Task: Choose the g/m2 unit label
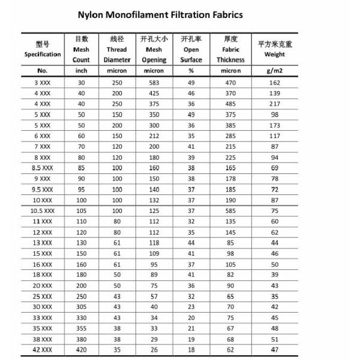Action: point(275,71)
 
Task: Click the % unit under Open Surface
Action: point(191,71)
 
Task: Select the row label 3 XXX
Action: point(42,82)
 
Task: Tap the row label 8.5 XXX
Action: point(42,168)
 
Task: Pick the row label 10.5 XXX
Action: point(42,211)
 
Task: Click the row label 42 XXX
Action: point(42,349)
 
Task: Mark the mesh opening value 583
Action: point(154,82)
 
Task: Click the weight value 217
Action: point(275,104)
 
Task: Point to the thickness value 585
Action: point(231,211)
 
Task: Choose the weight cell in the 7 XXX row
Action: point(275,146)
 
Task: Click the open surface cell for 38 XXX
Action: point(191,338)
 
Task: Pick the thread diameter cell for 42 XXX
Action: point(116,349)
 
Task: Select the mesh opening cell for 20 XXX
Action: point(154,285)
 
